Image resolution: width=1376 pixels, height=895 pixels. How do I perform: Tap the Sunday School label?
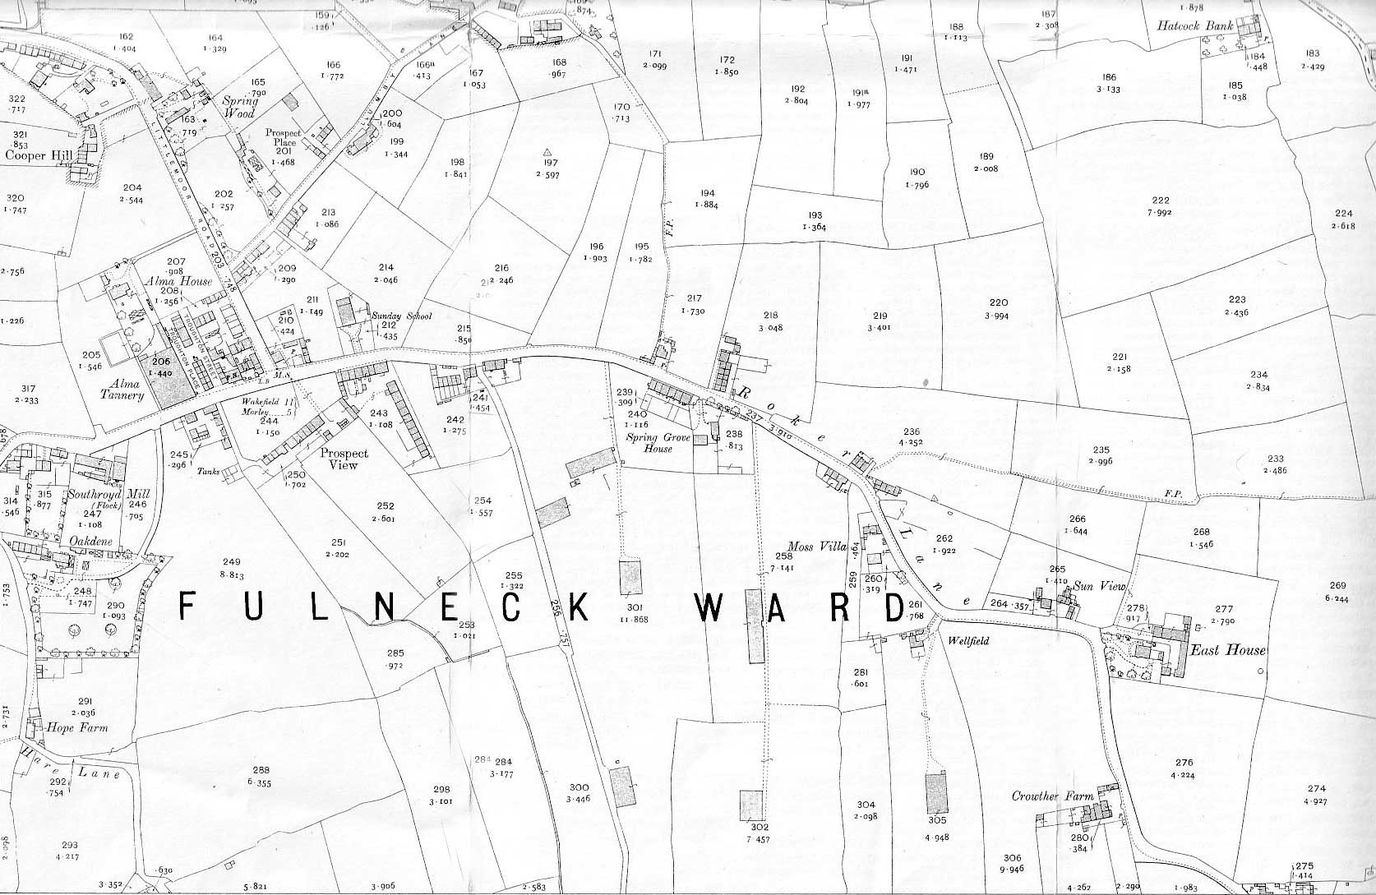tap(401, 316)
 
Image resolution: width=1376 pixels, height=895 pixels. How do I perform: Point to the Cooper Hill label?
tap(39, 155)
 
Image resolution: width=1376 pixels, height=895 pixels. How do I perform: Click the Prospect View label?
tap(344, 459)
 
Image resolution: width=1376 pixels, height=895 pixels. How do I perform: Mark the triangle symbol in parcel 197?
tap(547, 152)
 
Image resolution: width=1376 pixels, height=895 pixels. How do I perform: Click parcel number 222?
tap(1161, 201)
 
